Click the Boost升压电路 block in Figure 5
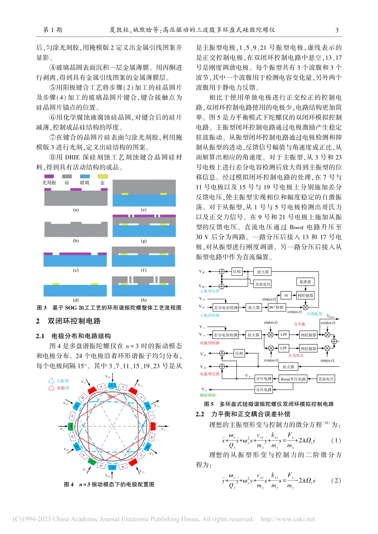[293, 379]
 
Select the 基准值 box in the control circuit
[305, 282]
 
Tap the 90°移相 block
[276, 307]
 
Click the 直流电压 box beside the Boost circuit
[326, 379]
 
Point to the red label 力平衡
[299, 324]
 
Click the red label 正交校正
[296, 355]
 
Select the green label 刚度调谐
[207, 395]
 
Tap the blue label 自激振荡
[314, 314]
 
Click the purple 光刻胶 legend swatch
[49, 176]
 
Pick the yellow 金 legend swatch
[103, 176]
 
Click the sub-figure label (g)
[144, 240]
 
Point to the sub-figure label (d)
[76, 300]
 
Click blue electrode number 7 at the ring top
[112, 385]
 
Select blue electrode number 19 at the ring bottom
[113, 467]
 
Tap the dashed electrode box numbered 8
[101, 387]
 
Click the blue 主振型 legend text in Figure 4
[62, 381]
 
